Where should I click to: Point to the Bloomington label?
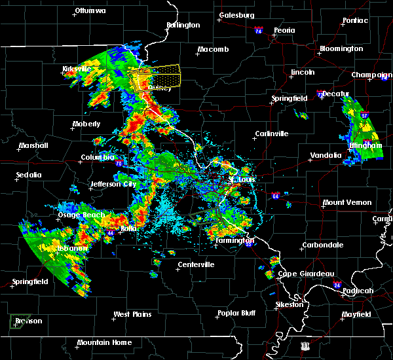(x=341, y=49)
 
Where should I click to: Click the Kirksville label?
(x=76, y=69)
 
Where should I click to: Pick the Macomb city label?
(x=214, y=50)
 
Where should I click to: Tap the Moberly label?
(x=86, y=124)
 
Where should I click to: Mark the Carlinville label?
(x=272, y=134)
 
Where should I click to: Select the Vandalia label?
(x=325, y=156)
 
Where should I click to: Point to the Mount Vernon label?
(x=347, y=203)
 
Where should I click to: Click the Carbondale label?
(x=322, y=245)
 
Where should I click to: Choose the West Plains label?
(x=132, y=315)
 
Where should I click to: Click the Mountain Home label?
(x=104, y=343)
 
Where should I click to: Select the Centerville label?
(x=196, y=265)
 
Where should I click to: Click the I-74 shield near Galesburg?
(x=258, y=31)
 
